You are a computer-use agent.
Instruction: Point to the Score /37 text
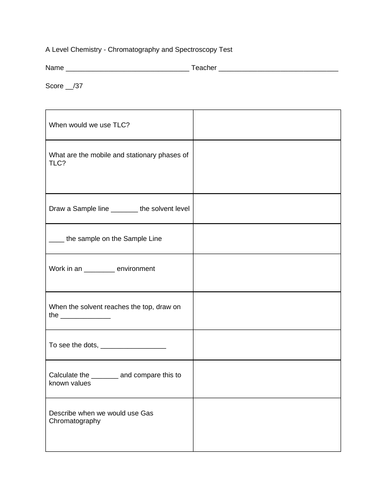[64, 87]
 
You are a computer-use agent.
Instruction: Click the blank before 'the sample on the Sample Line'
[56, 240]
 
